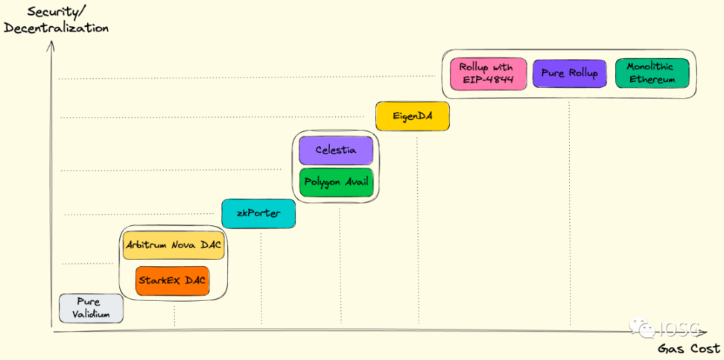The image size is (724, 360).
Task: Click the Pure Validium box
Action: pyautogui.click(x=91, y=309)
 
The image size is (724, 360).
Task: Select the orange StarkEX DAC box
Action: pyautogui.click(x=172, y=281)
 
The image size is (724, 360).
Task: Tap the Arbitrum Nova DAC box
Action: pyautogui.click(x=174, y=244)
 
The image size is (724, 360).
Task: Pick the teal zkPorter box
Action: pyautogui.click(x=258, y=213)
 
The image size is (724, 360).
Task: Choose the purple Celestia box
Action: pyautogui.click(x=336, y=151)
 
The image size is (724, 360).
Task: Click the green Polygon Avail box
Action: pyautogui.click(x=336, y=182)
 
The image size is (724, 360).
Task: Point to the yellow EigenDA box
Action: pyautogui.click(x=413, y=116)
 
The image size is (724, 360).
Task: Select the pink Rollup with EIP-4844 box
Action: pyautogui.click(x=489, y=74)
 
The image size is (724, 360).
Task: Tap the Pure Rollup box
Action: pyautogui.click(x=569, y=74)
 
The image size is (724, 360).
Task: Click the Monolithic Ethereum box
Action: pyautogui.click(x=652, y=73)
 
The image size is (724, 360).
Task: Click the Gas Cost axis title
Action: pyautogui.click(x=688, y=348)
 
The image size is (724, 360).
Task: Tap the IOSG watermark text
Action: pyautogui.click(x=680, y=329)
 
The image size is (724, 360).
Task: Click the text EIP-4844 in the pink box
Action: pyautogui.click(x=489, y=78)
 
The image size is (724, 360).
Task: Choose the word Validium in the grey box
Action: pyautogui.click(x=91, y=314)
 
